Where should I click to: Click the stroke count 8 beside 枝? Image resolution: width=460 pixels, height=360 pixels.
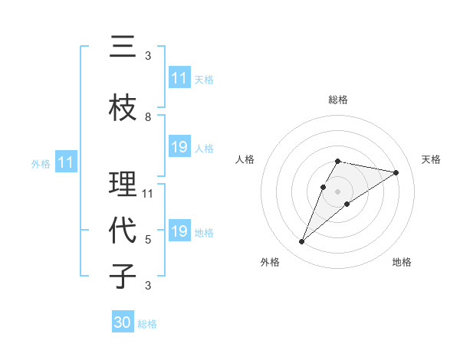click(x=148, y=117)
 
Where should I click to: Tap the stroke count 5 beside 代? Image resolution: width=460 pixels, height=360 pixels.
click(x=148, y=240)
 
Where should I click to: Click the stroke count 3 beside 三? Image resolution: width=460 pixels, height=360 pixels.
click(x=148, y=56)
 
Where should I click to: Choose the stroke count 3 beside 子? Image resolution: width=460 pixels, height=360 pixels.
click(x=148, y=286)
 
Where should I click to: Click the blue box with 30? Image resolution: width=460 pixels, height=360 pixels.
click(x=123, y=322)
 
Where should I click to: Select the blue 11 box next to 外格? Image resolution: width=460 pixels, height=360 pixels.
click(x=66, y=162)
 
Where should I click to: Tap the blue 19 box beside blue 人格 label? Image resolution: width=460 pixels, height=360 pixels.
click(x=179, y=147)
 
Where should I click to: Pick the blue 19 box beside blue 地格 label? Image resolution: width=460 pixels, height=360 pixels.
click(x=179, y=231)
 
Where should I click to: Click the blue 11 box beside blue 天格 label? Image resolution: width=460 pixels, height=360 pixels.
click(x=179, y=78)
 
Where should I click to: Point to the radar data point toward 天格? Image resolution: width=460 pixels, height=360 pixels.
click(x=396, y=172)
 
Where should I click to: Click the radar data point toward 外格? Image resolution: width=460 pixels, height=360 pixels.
click(x=302, y=242)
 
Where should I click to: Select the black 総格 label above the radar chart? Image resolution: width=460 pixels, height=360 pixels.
click(x=338, y=100)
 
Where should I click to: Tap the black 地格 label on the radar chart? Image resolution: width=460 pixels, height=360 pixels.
click(x=402, y=262)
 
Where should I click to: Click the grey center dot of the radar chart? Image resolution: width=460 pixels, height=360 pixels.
click(x=338, y=191)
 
